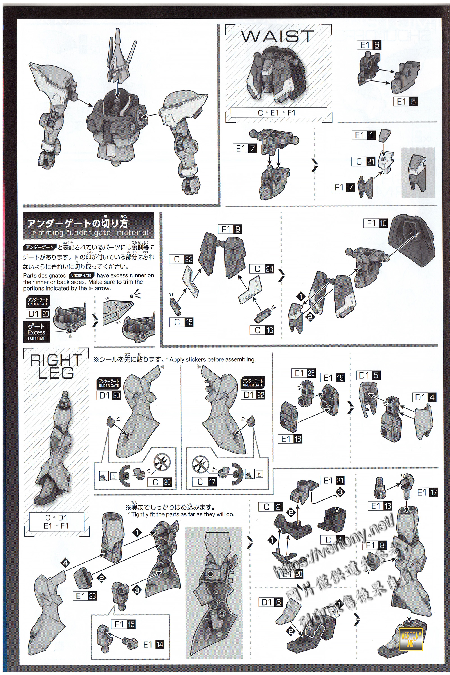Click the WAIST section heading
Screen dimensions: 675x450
(x=277, y=37)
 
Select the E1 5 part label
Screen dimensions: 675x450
(x=406, y=102)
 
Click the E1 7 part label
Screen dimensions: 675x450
(x=244, y=148)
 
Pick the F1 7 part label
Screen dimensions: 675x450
(x=343, y=187)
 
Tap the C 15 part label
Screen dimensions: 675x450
(x=181, y=322)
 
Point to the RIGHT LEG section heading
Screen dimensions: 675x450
(x=56, y=366)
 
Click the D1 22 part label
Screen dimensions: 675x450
(x=253, y=395)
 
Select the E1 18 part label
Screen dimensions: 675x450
(x=290, y=439)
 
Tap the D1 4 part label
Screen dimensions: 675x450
(x=424, y=397)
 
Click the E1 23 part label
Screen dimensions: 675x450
(x=84, y=596)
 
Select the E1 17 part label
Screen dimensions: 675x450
(x=426, y=492)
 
